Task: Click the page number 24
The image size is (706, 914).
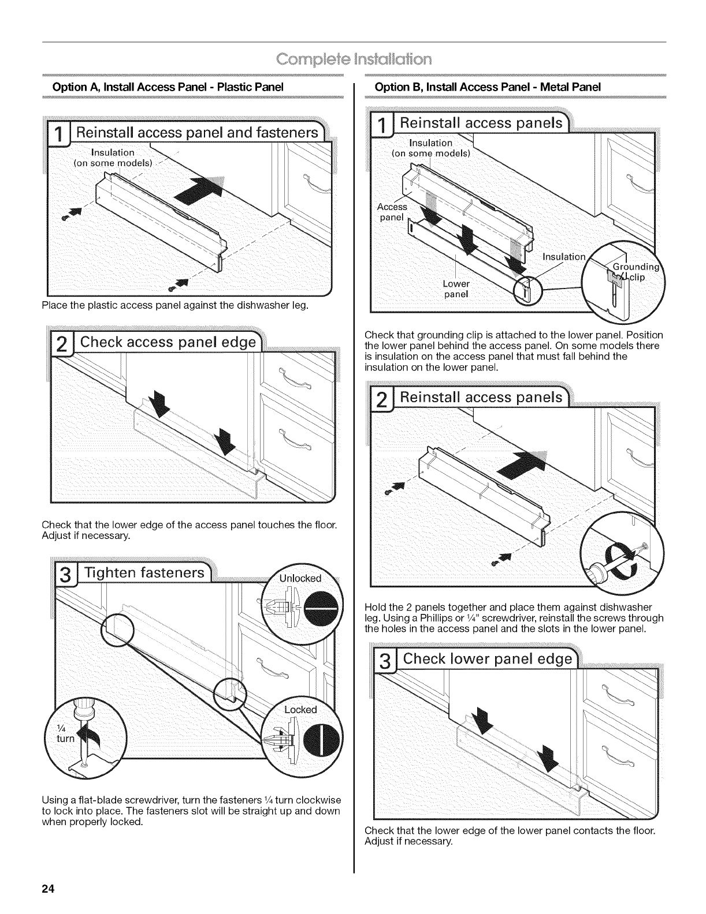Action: point(47,889)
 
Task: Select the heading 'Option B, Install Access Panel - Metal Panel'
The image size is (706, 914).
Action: point(488,87)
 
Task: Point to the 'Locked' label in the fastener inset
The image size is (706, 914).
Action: point(300,709)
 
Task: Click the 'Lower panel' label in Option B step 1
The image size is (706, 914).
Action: point(456,289)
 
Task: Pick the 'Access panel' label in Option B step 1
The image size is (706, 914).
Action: point(392,212)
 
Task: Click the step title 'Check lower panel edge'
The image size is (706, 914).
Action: point(488,660)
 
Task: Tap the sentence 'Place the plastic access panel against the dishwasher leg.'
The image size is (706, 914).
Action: point(175,305)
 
